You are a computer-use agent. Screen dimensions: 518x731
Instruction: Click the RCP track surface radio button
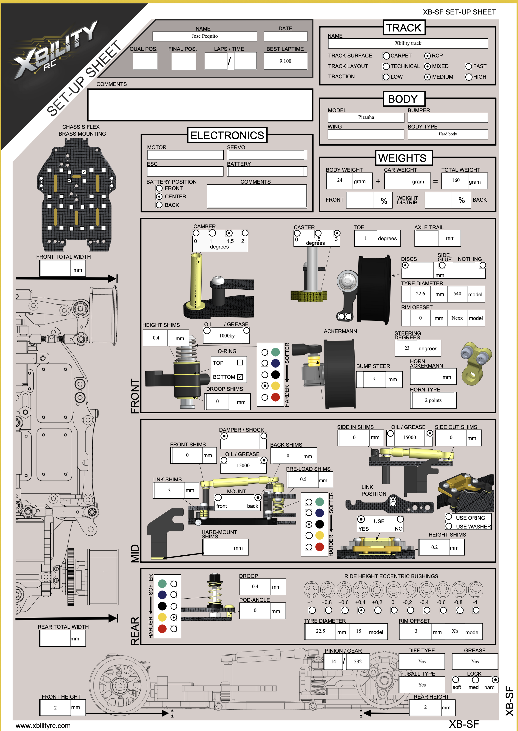click(427, 56)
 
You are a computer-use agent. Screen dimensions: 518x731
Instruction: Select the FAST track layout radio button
click(469, 66)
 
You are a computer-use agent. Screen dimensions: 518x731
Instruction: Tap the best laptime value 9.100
click(285, 61)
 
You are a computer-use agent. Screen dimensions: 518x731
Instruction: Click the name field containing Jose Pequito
click(205, 36)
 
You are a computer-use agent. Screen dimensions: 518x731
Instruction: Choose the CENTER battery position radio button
click(159, 197)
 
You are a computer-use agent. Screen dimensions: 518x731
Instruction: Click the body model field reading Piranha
click(366, 117)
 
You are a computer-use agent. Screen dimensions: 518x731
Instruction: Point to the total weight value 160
click(456, 180)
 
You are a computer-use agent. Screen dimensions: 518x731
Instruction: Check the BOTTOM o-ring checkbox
click(240, 377)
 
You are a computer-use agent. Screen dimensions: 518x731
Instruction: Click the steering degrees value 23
click(407, 348)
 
